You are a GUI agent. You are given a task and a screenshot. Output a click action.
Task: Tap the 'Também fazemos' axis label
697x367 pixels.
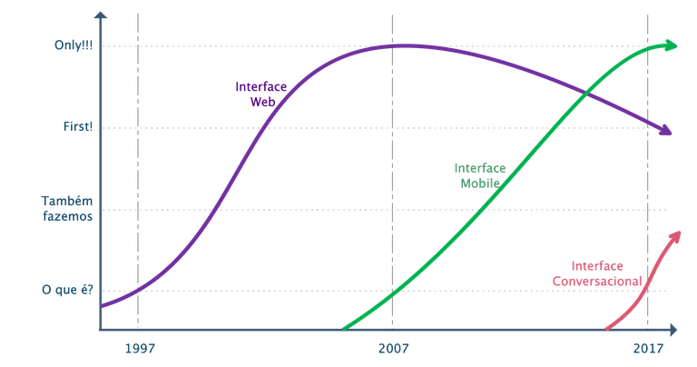pyautogui.click(x=66, y=208)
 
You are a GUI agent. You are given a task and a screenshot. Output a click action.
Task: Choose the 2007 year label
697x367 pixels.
pyautogui.click(x=393, y=347)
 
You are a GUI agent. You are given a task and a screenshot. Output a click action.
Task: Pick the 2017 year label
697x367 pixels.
pyautogui.click(x=648, y=347)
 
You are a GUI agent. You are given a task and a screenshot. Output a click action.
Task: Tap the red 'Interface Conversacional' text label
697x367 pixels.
pyautogui.click(x=596, y=273)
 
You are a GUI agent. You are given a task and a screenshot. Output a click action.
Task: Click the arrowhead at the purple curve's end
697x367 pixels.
pyautogui.click(x=668, y=133)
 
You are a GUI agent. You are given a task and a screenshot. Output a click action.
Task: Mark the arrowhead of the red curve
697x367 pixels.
pyautogui.click(x=675, y=233)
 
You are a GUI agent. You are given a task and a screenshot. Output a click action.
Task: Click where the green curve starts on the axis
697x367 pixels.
pyautogui.click(x=345, y=327)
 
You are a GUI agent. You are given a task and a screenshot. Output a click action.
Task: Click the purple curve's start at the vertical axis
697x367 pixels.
pyautogui.click(x=102, y=306)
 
